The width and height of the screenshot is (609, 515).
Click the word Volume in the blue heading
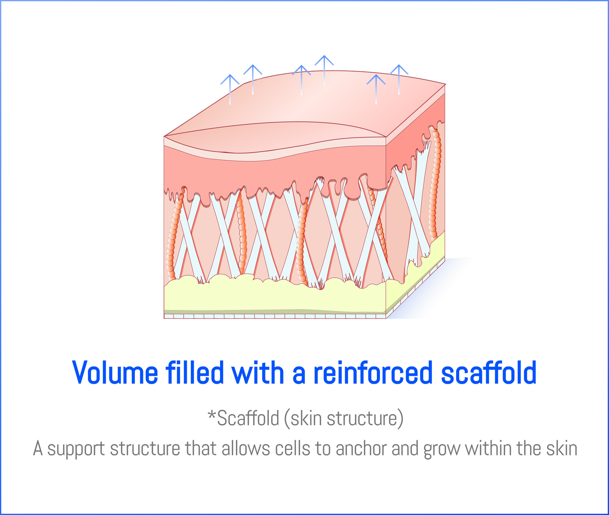(x=115, y=373)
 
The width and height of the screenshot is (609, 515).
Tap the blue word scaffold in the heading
(x=488, y=373)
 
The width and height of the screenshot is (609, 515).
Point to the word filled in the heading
(x=194, y=373)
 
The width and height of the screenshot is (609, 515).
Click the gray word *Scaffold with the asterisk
(x=243, y=418)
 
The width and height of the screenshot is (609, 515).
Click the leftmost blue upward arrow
(x=230, y=89)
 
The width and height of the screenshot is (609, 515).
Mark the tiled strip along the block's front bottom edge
(x=275, y=316)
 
